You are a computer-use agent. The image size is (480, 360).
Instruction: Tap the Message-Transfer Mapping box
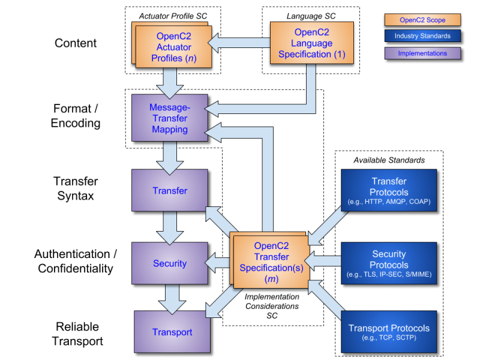169,118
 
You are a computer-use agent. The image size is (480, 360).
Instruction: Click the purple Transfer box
169,191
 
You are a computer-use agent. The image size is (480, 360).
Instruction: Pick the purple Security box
169,263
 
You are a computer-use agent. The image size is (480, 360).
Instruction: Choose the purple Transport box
172,332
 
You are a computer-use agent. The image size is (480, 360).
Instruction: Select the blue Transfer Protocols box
389,191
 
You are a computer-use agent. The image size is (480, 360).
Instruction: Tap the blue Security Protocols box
389,263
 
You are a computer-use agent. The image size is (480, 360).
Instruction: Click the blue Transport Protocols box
389,332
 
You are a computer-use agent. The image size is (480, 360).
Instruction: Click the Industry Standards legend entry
422,37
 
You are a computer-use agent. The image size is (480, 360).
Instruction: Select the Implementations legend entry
422,53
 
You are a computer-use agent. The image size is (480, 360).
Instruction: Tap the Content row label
75,43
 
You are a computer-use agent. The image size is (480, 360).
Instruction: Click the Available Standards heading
388,161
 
